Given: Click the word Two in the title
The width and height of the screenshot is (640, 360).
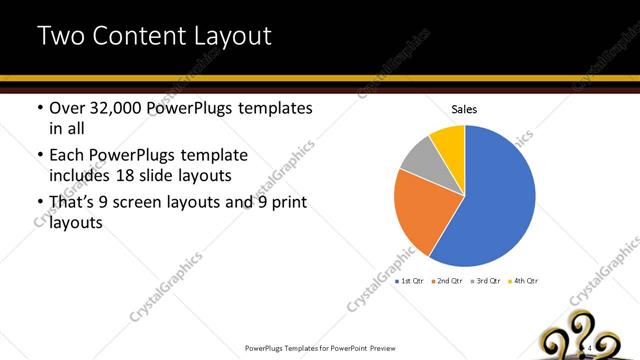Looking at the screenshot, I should pos(59,37).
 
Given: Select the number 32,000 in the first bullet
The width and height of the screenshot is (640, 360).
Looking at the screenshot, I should pos(120,109).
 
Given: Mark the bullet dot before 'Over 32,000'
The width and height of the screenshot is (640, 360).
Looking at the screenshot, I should pos(40,109).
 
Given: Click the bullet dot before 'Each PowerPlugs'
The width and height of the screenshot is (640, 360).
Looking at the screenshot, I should pos(40,156).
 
